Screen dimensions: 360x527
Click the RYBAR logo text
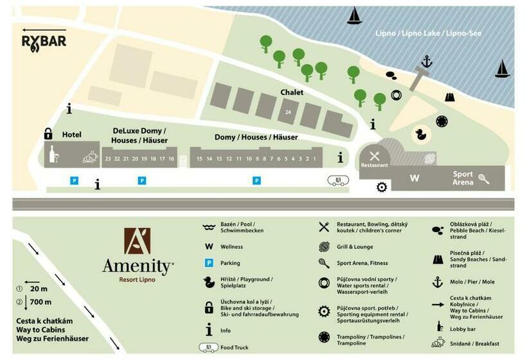44,42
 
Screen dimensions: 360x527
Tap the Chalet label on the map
292,93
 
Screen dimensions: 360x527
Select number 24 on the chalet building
288,113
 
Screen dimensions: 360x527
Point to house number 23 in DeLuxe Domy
108,158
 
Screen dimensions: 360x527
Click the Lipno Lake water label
428,33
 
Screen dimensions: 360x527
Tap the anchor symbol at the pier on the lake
427,62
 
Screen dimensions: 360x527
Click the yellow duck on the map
422,134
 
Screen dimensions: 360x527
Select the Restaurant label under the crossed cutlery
374,165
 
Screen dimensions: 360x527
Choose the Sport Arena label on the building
463,178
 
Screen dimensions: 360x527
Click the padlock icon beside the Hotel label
48,134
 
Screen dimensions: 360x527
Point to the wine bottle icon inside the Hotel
54,154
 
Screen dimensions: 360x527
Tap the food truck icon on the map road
338,181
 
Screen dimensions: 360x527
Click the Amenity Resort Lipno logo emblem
137,241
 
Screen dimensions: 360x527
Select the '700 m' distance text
40,302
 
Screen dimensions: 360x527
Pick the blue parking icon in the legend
208,263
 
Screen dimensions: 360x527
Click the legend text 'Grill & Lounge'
355,246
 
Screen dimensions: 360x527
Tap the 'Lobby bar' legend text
463,329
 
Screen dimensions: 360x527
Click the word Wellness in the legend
231,246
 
